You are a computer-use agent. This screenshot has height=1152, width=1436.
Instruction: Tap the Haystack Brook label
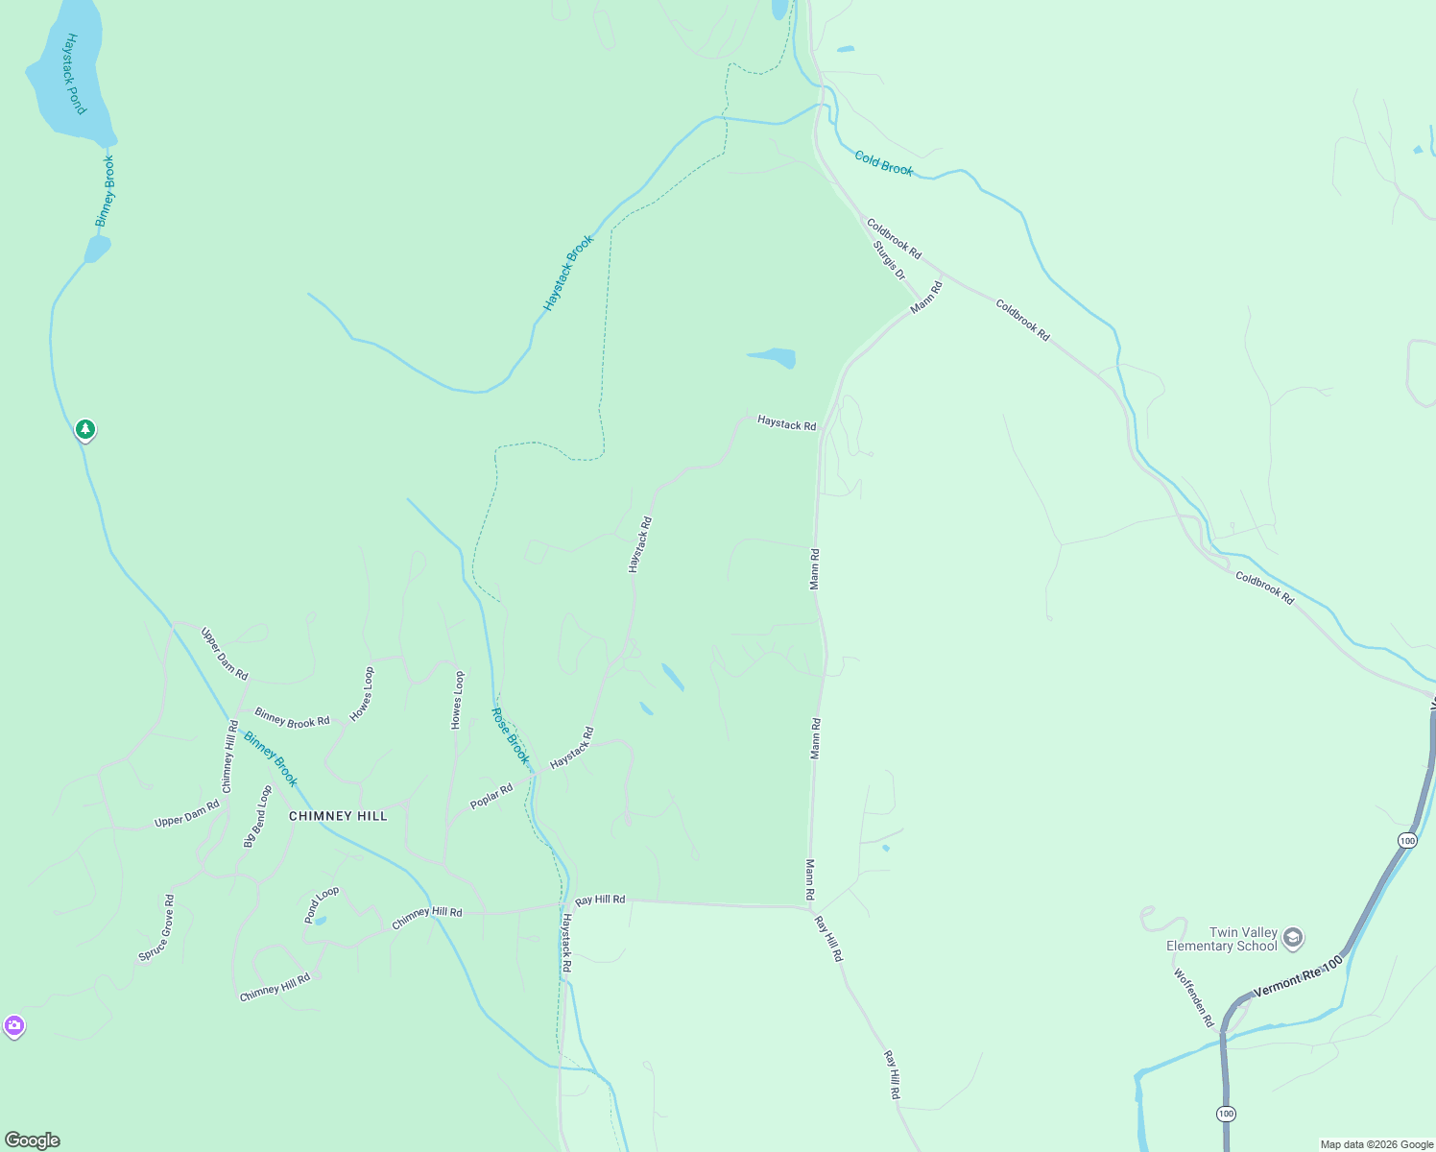pyautogui.click(x=568, y=273)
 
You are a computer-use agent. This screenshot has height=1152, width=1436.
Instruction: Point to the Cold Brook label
pyautogui.click(x=884, y=163)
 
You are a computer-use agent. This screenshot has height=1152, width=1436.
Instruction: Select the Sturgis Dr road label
pyautogui.click(x=889, y=260)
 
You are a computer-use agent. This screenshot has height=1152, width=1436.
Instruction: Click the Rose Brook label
pyautogui.click(x=511, y=736)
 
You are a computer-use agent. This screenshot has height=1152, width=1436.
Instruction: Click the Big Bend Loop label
pyautogui.click(x=257, y=817)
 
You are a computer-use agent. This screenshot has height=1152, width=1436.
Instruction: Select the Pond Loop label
pyautogui.click(x=322, y=904)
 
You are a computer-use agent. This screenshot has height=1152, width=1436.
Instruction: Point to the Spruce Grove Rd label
pyautogui.click(x=156, y=928)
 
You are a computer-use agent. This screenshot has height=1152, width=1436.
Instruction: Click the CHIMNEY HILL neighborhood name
pyautogui.click(x=338, y=816)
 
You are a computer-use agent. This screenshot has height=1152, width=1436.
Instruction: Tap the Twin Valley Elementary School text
pyautogui.click(x=1222, y=939)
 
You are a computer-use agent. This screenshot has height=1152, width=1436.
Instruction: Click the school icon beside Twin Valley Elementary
pyautogui.click(x=1293, y=938)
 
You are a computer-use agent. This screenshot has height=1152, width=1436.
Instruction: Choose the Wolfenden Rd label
pyautogui.click(x=1194, y=997)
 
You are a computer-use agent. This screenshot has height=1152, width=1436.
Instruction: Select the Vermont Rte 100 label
pyautogui.click(x=1298, y=975)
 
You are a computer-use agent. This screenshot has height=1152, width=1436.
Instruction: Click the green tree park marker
pyautogui.click(x=85, y=429)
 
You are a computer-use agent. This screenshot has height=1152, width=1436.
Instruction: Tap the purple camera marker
pyautogui.click(x=13, y=1026)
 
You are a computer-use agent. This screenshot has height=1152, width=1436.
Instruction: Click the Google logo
pyautogui.click(x=33, y=1140)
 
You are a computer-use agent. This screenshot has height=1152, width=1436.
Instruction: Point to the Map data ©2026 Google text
pyautogui.click(x=1376, y=1144)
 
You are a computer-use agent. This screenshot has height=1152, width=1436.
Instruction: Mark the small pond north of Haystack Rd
pyautogui.click(x=773, y=357)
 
